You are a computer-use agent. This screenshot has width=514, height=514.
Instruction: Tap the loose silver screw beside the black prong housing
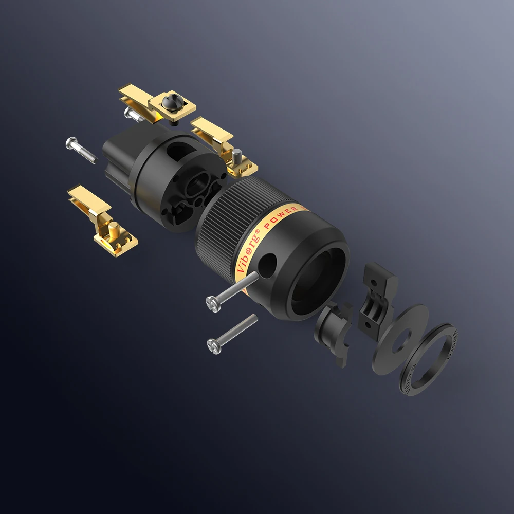[81, 149]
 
